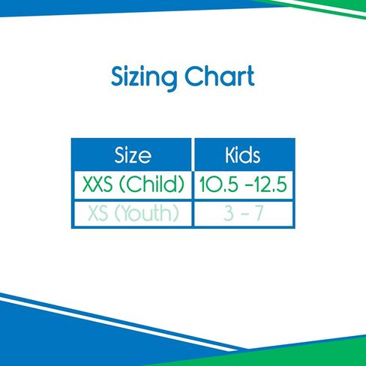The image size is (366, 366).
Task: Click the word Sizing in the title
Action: pos(144,78)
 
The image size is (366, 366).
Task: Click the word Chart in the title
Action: pos(220,76)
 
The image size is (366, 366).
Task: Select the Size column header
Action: pos(133,155)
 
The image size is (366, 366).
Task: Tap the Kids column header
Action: pos(242,155)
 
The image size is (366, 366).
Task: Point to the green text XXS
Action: pos(97,184)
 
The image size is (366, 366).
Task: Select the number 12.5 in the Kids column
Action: pos(270,184)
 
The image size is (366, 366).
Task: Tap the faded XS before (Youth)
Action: pos(98,213)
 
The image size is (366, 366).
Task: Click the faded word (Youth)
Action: pos(147,213)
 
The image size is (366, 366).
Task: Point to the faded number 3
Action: pos(229,213)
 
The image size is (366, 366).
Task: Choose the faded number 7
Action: pos(259,213)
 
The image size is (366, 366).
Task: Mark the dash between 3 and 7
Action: pos(244,214)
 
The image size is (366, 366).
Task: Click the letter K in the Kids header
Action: pos(229,155)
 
